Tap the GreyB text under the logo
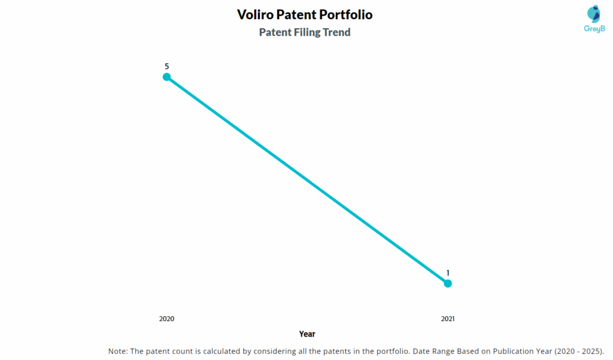point(594,29)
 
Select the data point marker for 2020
point(167,77)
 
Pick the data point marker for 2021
point(448,283)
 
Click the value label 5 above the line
point(167,66)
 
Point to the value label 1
point(448,273)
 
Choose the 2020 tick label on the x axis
point(167,319)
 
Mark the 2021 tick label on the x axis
point(448,319)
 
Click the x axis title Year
point(307,334)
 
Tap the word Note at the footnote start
point(118,351)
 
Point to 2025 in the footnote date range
point(590,351)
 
